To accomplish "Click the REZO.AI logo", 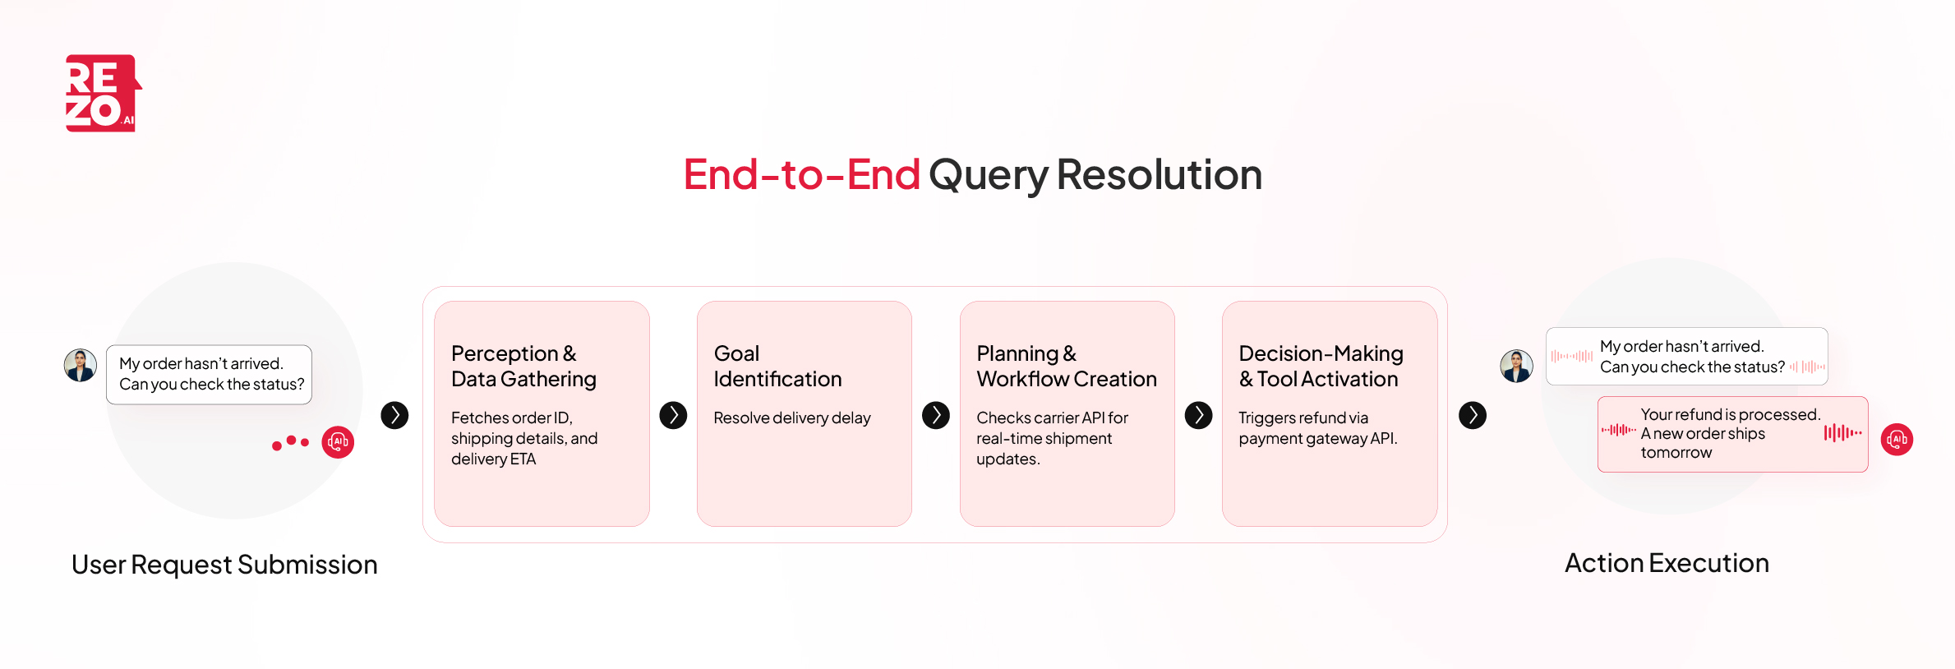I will (x=103, y=93).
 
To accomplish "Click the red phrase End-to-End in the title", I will (x=801, y=175).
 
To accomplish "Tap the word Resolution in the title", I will (x=1159, y=175).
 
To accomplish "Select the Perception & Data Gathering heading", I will (x=523, y=366).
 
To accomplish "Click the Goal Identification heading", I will (x=777, y=366).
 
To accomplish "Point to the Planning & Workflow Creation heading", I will (x=1066, y=366).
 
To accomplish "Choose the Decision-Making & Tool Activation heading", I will (x=1321, y=366).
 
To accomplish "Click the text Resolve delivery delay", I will (x=791, y=418).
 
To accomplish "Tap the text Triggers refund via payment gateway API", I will (x=1317, y=428).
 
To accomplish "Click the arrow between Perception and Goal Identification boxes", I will (x=673, y=415).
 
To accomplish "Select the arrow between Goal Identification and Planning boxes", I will (x=935, y=415).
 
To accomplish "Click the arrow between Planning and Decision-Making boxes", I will (x=1198, y=415).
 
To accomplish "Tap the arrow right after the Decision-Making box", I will (x=1472, y=415).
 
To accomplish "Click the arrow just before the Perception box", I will (x=394, y=415).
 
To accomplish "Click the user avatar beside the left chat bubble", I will (x=81, y=365).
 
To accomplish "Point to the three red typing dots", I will (x=290, y=443).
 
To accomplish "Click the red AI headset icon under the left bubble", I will (x=338, y=442).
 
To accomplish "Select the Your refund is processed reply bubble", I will (x=1731, y=434).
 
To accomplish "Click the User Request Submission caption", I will (x=224, y=565).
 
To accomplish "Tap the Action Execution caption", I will (x=1666, y=563).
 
